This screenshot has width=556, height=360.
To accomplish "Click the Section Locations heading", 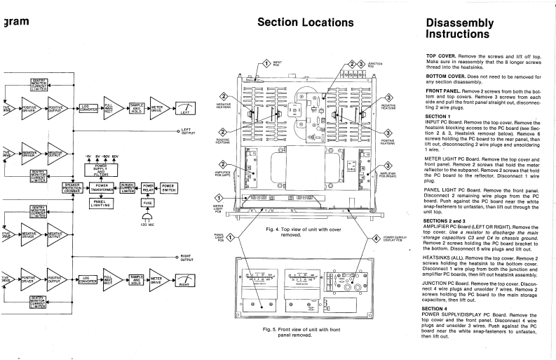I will (x=306, y=22).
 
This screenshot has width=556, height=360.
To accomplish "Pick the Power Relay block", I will (x=148, y=187).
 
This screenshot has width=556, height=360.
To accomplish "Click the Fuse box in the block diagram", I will (x=148, y=202).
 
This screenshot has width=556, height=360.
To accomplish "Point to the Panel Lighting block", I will (x=103, y=203).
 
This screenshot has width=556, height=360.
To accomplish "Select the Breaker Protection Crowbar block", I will (x=72, y=187).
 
